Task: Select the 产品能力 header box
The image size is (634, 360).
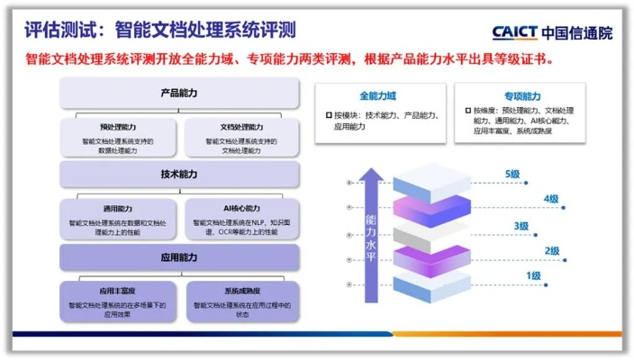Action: click(179, 93)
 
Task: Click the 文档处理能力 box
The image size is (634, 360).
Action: click(241, 134)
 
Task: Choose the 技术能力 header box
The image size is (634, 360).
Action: click(179, 174)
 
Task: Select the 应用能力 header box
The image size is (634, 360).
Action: click(179, 257)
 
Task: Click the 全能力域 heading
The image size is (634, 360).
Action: click(377, 96)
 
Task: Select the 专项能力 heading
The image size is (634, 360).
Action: click(521, 96)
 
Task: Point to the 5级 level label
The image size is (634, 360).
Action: click(513, 174)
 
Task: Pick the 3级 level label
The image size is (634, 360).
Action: click(521, 226)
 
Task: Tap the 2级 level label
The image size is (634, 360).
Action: click(552, 250)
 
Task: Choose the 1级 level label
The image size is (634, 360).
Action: click(533, 275)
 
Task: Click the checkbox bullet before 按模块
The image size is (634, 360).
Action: click(330, 116)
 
